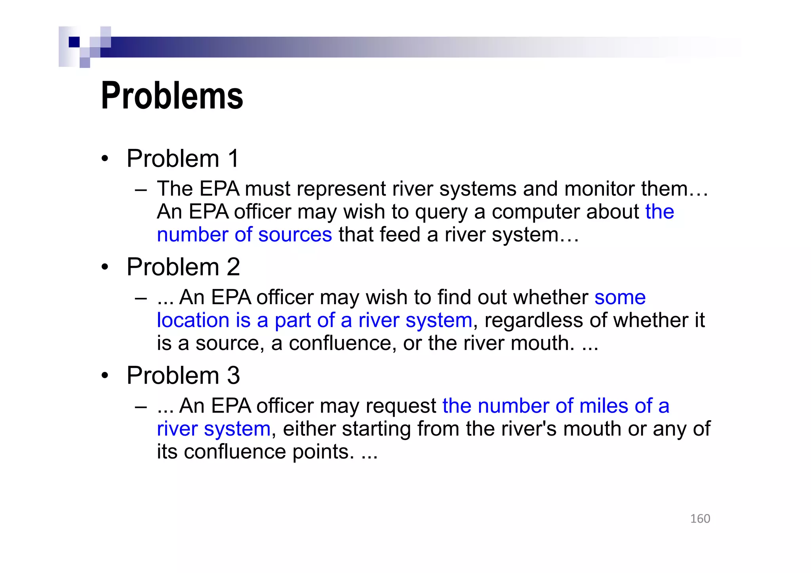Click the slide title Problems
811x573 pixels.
[x=172, y=96]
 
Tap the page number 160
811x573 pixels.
[x=700, y=518]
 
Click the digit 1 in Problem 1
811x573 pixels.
[x=233, y=158]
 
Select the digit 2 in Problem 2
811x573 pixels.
[x=233, y=267]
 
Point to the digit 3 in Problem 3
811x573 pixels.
[x=233, y=375]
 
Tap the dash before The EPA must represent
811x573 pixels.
[x=141, y=190]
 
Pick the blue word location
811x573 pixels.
[x=193, y=320]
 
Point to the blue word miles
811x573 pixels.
[x=603, y=406]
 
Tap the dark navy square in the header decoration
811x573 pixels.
[x=74, y=42]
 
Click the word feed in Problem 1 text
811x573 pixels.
[x=400, y=234]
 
